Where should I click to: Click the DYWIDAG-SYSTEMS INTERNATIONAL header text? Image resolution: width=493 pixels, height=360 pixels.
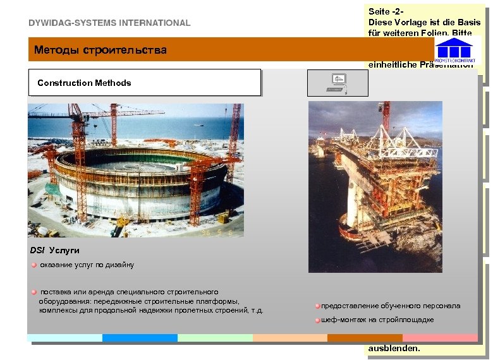(x=109, y=23)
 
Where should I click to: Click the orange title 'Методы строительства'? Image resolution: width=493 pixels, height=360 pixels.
(x=100, y=50)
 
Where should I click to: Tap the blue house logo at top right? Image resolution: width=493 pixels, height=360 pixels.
(x=454, y=49)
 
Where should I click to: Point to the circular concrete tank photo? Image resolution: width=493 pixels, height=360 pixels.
(x=135, y=171)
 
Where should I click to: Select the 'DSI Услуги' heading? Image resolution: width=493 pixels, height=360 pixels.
(x=55, y=251)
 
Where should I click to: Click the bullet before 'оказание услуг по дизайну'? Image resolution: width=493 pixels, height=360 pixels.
(x=35, y=265)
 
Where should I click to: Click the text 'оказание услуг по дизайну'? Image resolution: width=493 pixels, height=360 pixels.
(x=87, y=265)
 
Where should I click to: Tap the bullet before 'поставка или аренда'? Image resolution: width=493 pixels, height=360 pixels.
(x=35, y=292)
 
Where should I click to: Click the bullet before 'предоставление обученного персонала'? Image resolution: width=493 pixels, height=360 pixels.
(x=318, y=306)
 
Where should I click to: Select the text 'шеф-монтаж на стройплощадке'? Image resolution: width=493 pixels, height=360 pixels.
(x=377, y=320)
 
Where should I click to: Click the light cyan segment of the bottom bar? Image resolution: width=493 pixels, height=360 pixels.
(x=65, y=338)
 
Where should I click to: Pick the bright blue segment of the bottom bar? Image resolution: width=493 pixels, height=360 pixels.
(x=140, y=338)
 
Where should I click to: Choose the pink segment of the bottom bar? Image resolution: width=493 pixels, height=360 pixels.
(x=440, y=338)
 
